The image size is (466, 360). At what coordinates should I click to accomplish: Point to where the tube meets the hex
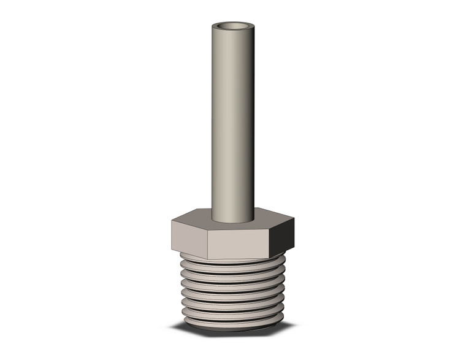tap(233, 221)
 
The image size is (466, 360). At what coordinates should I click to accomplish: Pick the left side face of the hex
tap(189, 237)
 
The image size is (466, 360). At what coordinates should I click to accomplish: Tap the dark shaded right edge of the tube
tap(251, 123)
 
